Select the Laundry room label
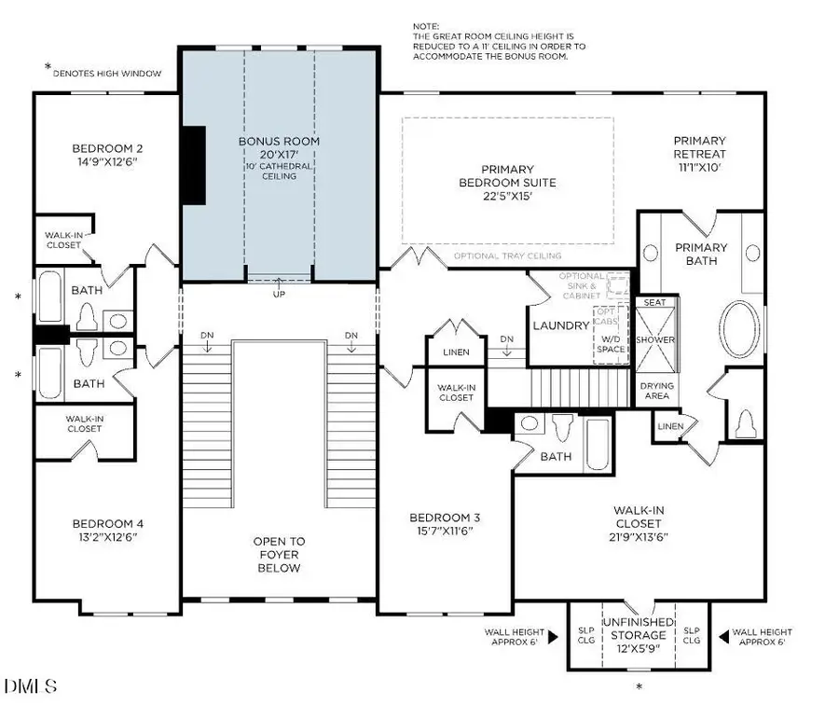click(x=560, y=325)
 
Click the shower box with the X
click(x=656, y=340)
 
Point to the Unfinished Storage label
click(x=640, y=636)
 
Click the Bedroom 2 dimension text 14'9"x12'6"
click(x=107, y=161)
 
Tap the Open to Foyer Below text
click(x=279, y=554)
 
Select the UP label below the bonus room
click(x=279, y=295)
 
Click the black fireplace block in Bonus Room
click(x=193, y=164)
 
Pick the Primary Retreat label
click(x=699, y=147)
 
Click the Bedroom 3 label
click(x=445, y=524)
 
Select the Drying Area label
click(x=657, y=391)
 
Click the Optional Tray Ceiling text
click(x=507, y=255)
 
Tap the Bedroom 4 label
click(x=107, y=530)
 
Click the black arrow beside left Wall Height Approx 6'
click(x=552, y=637)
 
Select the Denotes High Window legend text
click(x=107, y=72)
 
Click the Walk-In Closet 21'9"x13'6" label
click(x=639, y=523)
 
